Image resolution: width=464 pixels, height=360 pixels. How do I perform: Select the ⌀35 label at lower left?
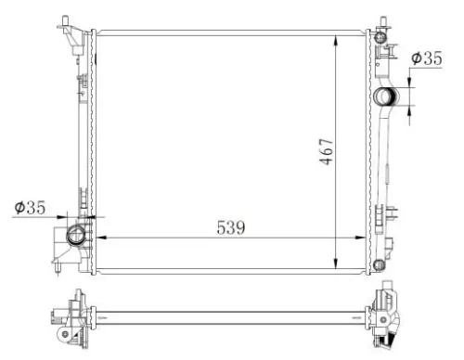pyautogui.click(x=30, y=208)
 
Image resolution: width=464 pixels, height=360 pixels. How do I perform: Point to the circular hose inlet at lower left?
pyautogui.click(x=77, y=233)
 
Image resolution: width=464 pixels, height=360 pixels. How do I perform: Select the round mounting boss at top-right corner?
pyautogui.click(x=379, y=37)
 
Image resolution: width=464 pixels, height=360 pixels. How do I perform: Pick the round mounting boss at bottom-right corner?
pyautogui.click(x=379, y=266)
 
